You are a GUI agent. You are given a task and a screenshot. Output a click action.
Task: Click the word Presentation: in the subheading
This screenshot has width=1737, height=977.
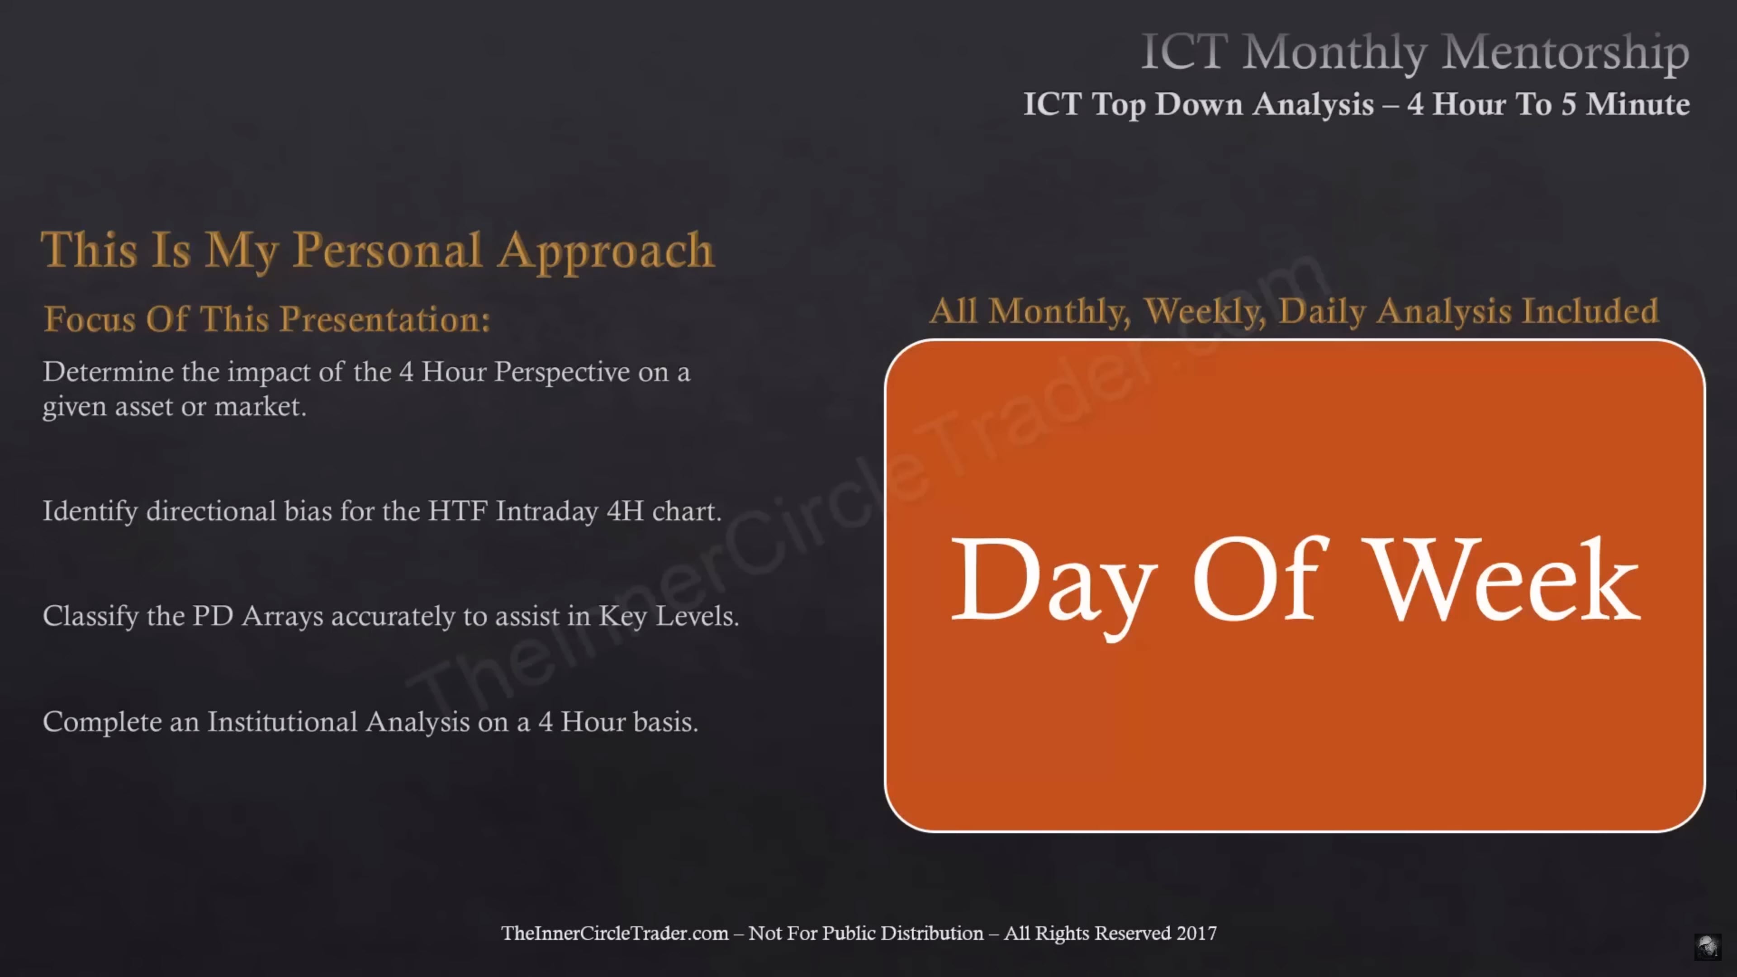tap(385, 319)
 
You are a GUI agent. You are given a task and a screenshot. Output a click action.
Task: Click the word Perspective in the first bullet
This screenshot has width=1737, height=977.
tap(562, 373)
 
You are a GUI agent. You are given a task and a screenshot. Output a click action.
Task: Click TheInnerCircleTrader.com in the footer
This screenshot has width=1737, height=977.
tap(614, 933)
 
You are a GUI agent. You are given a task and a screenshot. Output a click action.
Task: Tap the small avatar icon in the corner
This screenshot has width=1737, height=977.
tap(1707, 946)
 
